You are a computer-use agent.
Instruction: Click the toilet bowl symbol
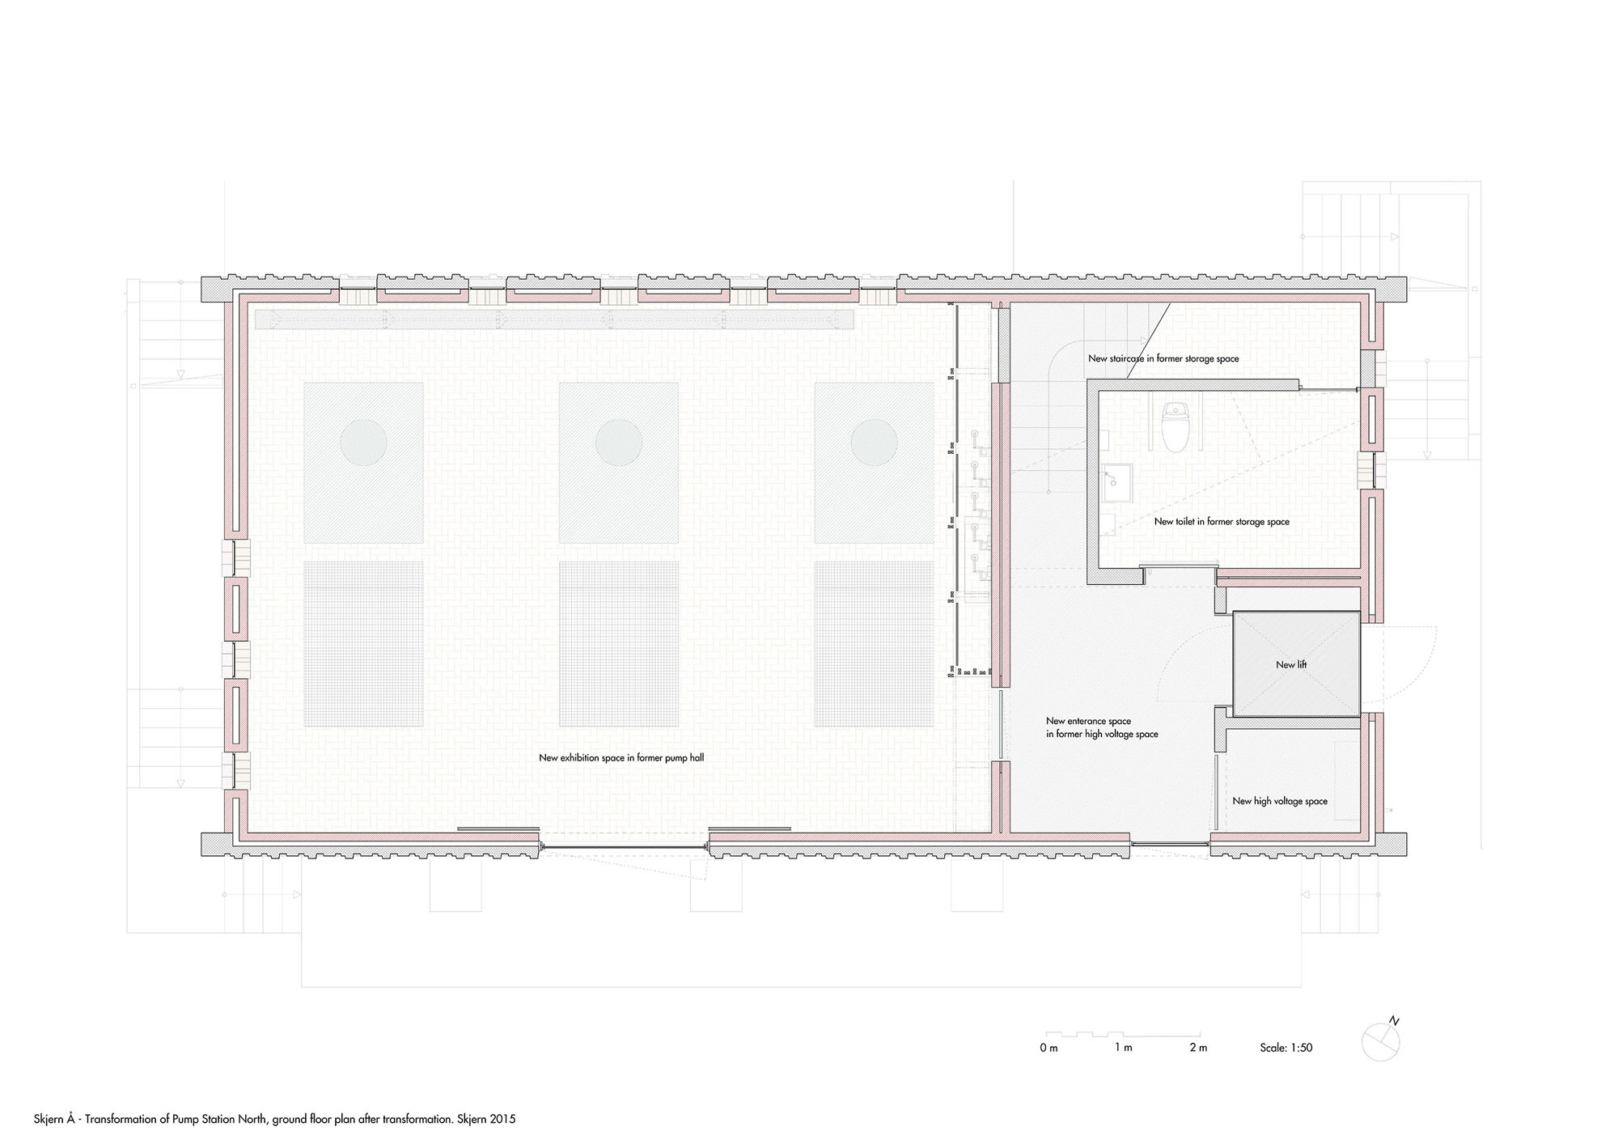1172,426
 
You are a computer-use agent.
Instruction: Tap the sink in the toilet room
1114,479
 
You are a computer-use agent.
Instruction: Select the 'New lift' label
1291,664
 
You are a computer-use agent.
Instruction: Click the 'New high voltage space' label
1280,801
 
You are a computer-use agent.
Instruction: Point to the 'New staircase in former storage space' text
1163,358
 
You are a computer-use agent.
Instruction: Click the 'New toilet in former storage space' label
1222,522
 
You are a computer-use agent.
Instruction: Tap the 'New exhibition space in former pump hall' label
621,758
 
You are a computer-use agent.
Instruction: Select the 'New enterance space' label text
1088,721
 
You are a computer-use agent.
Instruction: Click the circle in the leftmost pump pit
363,442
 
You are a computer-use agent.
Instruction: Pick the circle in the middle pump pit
619,442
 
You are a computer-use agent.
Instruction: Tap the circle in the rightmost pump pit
875,442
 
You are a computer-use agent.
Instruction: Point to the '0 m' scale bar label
1049,1048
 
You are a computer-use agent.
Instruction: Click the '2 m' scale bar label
1198,1048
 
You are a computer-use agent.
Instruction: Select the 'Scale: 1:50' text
1286,1048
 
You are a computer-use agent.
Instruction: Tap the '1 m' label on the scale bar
1124,1048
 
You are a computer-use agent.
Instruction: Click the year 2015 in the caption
504,1120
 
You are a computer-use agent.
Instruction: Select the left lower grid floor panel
363,644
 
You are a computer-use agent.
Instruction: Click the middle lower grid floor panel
619,644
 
